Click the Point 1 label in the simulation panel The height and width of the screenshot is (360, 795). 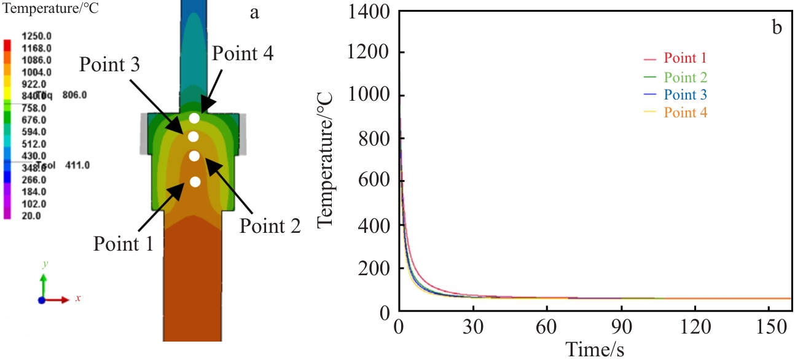click(123, 243)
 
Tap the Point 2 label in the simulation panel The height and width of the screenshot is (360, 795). click(270, 226)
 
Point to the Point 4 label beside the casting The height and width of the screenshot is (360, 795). click(242, 53)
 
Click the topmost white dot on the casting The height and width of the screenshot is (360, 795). click(194, 118)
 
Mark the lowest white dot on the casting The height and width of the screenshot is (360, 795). click(195, 182)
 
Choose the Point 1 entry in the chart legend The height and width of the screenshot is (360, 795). click(685, 59)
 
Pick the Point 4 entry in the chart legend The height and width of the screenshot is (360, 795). click(685, 112)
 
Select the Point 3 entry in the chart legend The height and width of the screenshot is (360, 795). click(685, 95)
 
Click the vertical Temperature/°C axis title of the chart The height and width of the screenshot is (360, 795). click(326, 161)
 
